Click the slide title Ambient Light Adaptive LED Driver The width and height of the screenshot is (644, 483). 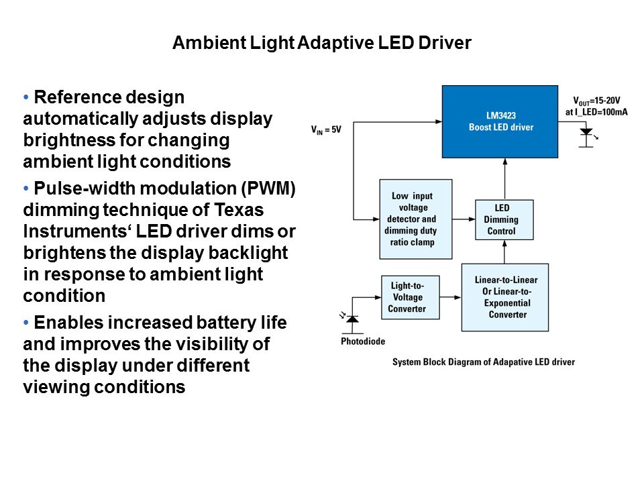point(322,44)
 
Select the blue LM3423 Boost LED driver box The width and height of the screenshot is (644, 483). point(500,121)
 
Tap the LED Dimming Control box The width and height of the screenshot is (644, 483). point(504,220)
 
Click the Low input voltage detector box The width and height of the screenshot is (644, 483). point(411,219)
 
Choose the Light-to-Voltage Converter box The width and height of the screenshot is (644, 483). point(407,297)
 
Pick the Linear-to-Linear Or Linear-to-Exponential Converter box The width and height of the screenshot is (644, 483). point(507,297)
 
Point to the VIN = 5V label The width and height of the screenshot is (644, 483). point(326,128)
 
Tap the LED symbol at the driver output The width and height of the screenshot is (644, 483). point(586,133)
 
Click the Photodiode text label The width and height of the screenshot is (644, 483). point(363,341)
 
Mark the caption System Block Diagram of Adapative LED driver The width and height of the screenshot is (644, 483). point(484,362)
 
